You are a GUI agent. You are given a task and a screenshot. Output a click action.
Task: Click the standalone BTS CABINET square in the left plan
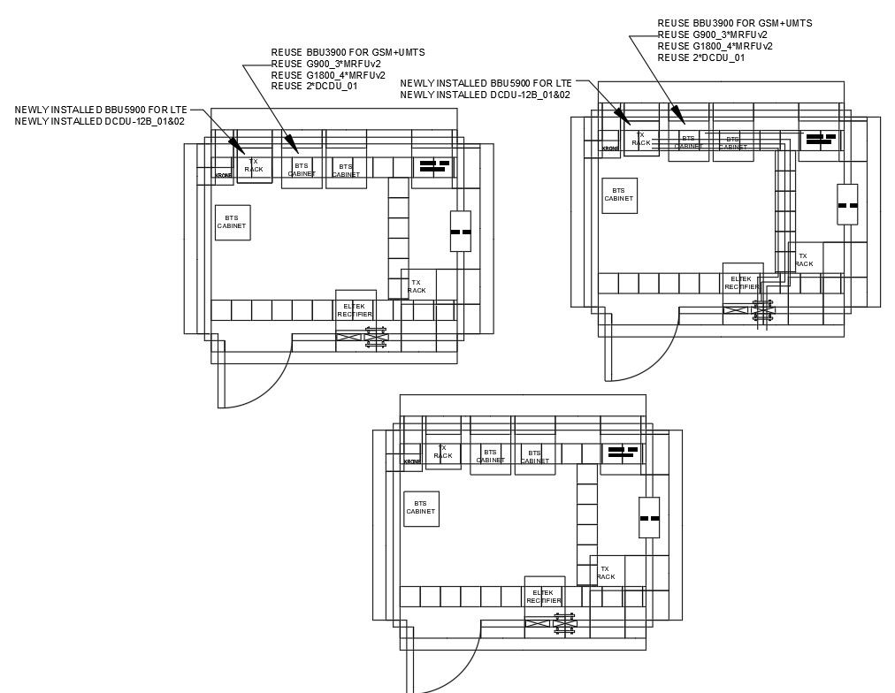click(232, 222)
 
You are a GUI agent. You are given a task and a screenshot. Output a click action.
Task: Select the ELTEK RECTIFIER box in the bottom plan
click(543, 597)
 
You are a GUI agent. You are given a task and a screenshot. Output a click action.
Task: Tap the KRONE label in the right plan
click(610, 148)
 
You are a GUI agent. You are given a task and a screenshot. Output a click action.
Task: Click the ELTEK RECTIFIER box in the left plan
click(355, 310)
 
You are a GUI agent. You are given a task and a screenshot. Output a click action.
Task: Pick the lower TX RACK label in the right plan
click(803, 260)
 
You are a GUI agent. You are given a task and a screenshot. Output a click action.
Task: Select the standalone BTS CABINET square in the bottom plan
click(421, 508)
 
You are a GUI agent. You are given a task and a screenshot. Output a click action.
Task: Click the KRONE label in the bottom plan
click(412, 461)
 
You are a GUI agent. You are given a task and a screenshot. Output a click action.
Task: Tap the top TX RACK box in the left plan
click(254, 165)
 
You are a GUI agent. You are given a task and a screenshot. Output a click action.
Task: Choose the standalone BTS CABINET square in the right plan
click(619, 194)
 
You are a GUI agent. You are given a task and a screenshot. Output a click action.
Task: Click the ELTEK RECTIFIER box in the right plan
click(742, 283)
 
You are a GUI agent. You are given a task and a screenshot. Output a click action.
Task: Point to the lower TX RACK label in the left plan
click(417, 286)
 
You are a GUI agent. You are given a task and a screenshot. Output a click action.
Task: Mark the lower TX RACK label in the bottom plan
click(605, 573)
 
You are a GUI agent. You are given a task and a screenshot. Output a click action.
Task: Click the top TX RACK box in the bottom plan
click(443, 453)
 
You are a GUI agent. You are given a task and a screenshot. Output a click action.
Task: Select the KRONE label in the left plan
click(224, 175)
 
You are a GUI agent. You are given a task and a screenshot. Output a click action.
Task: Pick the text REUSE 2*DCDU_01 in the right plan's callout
click(700, 57)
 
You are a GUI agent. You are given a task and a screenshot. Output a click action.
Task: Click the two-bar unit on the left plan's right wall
click(460, 232)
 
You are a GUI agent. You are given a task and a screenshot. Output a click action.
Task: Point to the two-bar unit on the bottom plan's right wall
click(649, 518)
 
